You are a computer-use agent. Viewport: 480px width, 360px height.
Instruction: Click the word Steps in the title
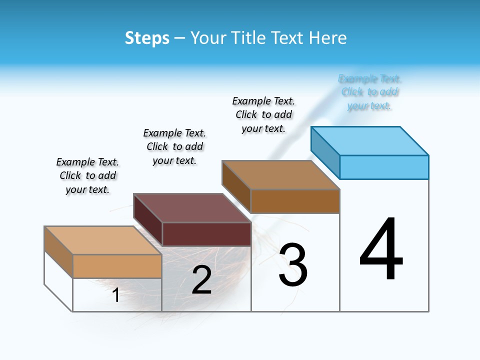pyautogui.click(x=147, y=38)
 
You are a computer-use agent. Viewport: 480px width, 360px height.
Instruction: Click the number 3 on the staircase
pyautogui.click(x=293, y=265)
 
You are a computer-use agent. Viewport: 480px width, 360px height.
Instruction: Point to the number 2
pyautogui.click(x=201, y=280)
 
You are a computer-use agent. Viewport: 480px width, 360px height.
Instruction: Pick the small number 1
pyautogui.click(x=116, y=295)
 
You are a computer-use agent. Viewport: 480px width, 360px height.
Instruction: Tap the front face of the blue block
pyautogui.click(x=384, y=167)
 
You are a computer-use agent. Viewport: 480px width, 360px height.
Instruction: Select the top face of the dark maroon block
pyautogui.click(x=192, y=208)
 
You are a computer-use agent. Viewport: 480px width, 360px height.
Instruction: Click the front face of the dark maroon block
pyautogui.click(x=206, y=234)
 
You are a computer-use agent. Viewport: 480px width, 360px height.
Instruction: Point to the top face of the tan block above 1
pyautogui.click(x=103, y=240)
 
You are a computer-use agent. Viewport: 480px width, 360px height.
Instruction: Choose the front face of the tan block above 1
pyautogui.click(x=117, y=266)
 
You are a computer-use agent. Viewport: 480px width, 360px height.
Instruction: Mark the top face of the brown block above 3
pyautogui.click(x=281, y=175)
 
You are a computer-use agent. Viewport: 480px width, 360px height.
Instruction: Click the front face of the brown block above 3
pyautogui.click(x=295, y=201)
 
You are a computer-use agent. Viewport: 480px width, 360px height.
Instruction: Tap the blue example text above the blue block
pyautogui.click(x=370, y=92)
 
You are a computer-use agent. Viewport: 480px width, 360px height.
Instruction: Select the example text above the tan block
pyautogui.click(x=87, y=175)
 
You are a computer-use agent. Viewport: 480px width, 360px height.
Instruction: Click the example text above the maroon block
pyautogui.click(x=174, y=146)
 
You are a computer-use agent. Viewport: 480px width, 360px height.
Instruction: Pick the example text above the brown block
pyautogui.click(x=263, y=114)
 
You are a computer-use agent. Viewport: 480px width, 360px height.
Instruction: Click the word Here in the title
pyautogui.click(x=328, y=38)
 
